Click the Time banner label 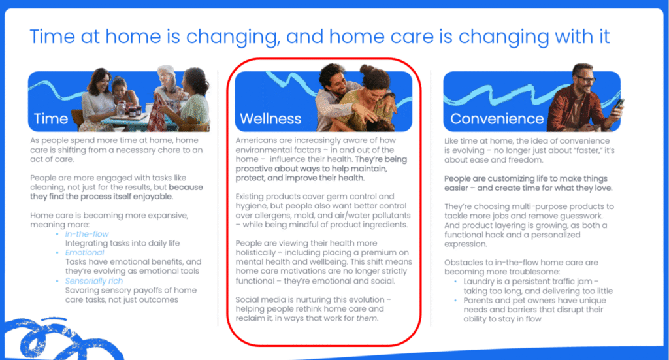pyautogui.click(x=51, y=118)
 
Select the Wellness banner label pyautogui.click(x=270, y=118)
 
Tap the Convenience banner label pyautogui.click(x=497, y=118)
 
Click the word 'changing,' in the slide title pyautogui.click(x=233, y=37)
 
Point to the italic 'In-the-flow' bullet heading pyautogui.click(x=87, y=234)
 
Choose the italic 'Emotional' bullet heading pyautogui.click(x=84, y=252)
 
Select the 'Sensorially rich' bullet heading pyautogui.click(x=94, y=281)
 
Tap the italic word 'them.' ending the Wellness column pyautogui.click(x=367, y=318)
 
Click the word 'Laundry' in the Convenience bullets pyautogui.click(x=479, y=282)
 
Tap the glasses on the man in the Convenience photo pyautogui.click(x=586, y=79)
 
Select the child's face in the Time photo pyautogui.click(x=120, y=89)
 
